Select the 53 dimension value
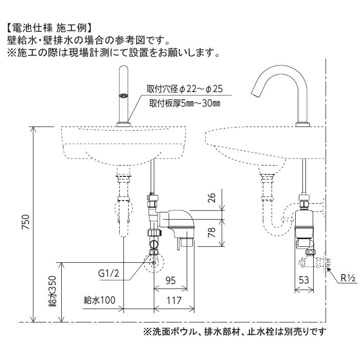tap(303, 280)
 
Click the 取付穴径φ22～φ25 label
tap(185, 88)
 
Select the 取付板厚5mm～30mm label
tap(185, 103)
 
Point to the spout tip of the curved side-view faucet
tap(256, 95)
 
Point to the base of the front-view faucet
tap(123, 124)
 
